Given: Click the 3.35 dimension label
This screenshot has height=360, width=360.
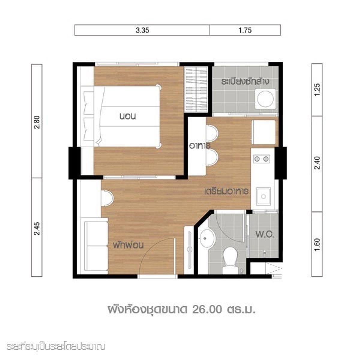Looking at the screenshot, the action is pyautogui.click(x=142, y=30).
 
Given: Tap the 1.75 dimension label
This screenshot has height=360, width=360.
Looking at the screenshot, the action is pyautogui.click(x=245, y=30).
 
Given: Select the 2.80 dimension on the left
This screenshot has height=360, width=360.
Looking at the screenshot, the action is pyautogui.click(x=37, y=122).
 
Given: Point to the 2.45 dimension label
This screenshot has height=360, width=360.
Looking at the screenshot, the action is pyautogui.click(x=37, y=228).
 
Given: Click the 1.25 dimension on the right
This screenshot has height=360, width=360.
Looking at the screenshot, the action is pyautogui.click(x=317, y=90).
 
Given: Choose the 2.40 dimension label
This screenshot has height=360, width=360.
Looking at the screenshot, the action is pyautogui.click(x=317, y=163).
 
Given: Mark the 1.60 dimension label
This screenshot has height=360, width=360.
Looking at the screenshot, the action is pyautogui.click(x=317, y=245).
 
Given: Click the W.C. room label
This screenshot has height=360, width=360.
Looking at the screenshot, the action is pyautogui.click(x=265, y=235).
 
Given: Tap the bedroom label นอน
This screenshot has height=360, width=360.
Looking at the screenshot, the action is pyautogui.click(x=127, y=116).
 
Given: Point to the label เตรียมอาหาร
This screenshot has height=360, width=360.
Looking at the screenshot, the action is pyautogui.click(x=226, y=191).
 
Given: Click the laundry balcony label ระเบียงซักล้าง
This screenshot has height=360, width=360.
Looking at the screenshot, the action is pyautogui.click(x=245, y=82).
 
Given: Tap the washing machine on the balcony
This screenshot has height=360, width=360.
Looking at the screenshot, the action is pyautogui.click(x=265, y=98).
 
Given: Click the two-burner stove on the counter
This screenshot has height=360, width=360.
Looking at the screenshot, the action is pyautogui.click(x=261, y=159).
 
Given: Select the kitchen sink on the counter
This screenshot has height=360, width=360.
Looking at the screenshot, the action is pyautogui.click(x=263, y=196).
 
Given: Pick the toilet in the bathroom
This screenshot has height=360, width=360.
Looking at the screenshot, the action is pyautogui.click(x=230, y=260).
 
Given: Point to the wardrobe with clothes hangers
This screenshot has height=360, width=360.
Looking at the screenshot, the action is pyautogui.click(x=196, y=90).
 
